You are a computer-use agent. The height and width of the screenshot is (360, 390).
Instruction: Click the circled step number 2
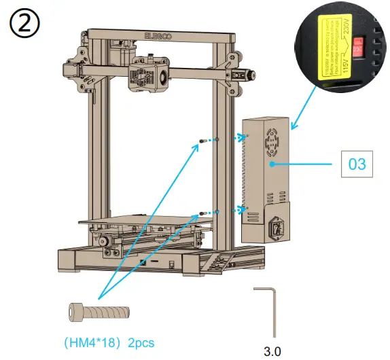pyautogui.click(x=24, y=25)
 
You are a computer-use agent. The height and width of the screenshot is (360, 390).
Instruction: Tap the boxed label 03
pyautogui.click(x=357, y=164)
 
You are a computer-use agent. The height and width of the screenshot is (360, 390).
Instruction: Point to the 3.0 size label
pyautogui.click(x=272, y=351)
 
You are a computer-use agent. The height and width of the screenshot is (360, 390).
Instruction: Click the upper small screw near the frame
pyautogui.click(x=203, y=141)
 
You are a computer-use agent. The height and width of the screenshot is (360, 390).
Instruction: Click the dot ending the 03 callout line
pyautogui.click(x=271, y=164)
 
